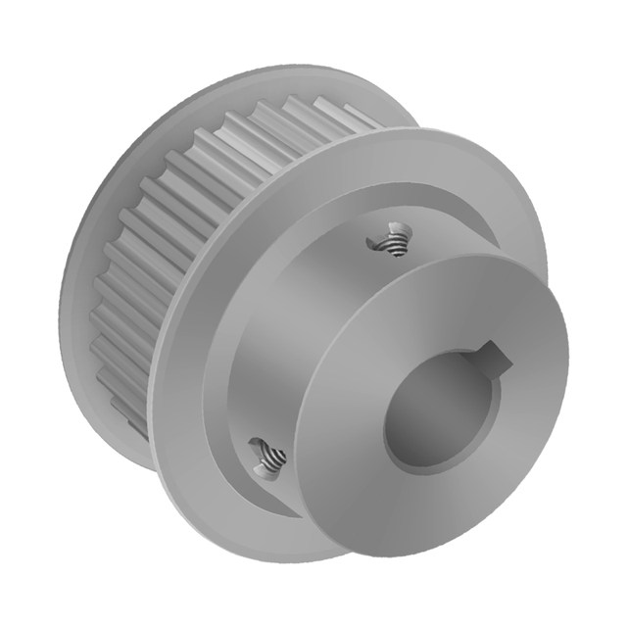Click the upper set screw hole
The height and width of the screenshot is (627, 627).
pyautogui.click(x=392, y=239)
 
